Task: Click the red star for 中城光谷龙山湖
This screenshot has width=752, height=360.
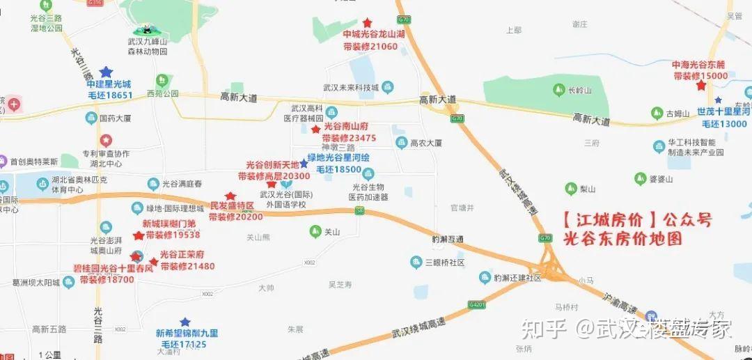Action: [367, 23]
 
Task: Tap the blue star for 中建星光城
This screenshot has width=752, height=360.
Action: [106, 72]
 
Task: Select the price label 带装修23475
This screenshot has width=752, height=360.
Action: [349, 138]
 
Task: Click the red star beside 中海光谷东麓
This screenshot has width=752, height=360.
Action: [701, 86]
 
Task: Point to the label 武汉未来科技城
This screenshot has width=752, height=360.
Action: [350, 88]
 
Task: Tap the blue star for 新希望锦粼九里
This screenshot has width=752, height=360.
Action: [185, 322]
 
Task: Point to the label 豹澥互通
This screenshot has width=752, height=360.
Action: [448, 239]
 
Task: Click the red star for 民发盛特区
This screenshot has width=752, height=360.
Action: [230, 196]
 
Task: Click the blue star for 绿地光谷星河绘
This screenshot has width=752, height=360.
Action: [304, 163]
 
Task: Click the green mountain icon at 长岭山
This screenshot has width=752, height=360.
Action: [558, 90]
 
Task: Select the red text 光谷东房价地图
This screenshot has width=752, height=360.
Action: [622, 238]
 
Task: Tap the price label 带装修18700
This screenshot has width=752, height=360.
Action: [106, 279]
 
